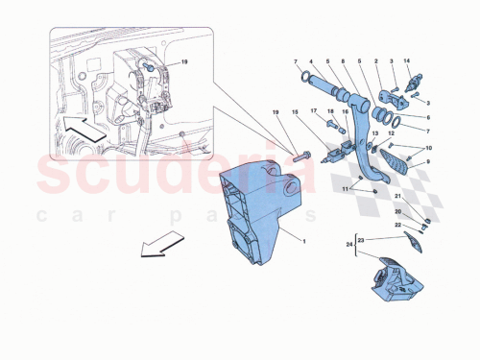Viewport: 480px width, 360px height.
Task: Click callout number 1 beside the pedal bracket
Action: click(303, 242)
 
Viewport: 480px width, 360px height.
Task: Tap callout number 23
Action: click(361, 238)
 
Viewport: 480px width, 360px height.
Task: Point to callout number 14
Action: click(408, 61)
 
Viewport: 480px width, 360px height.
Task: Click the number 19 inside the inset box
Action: click(184, 62)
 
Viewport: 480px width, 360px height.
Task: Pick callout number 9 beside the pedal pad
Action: click(429, 164)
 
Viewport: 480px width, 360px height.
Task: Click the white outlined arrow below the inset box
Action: click(160, 247)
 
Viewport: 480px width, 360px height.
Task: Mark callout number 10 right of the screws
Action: click(429, 148)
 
